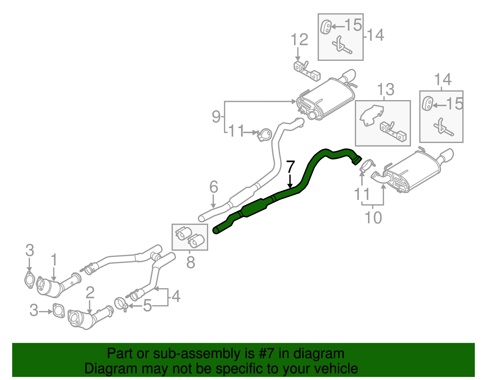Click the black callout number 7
tap(290, 167)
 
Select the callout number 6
tap(214, 187)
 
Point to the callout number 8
tap(191, 262)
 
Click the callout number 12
tap(300, 40)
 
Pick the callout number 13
tap(386, 89)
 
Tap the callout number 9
tap(216, 117)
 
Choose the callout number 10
tap(373, 217)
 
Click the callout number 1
tap(54, 260)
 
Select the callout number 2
tap(90, 292)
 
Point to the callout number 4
tap(176, 296)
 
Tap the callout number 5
tap(147, 306)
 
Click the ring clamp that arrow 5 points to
tap(121, 304)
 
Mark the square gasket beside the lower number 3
tap(58, 311)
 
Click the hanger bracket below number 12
tap(307, 71)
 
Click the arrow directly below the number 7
tap(290, 181)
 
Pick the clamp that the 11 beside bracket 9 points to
tap(265, 134)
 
